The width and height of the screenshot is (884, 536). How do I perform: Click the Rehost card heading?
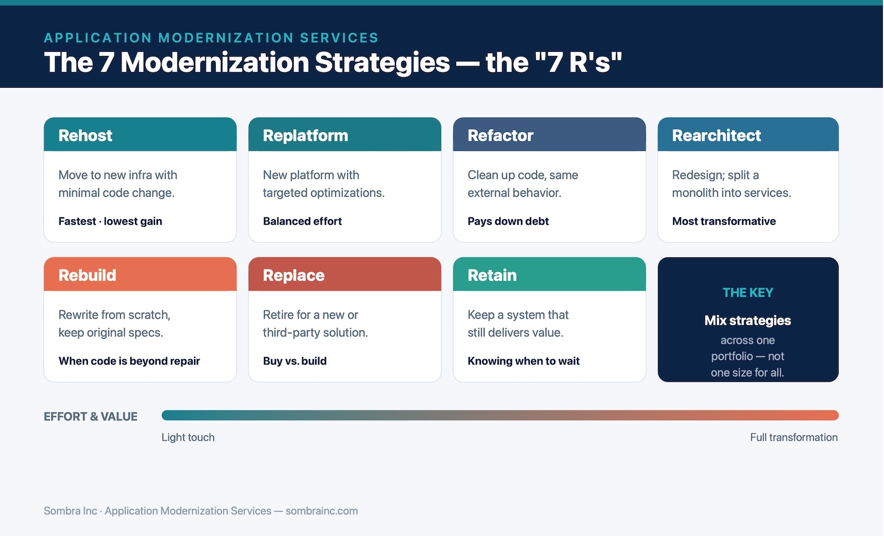(85, 135)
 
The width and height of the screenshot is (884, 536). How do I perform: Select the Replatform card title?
(305, 136)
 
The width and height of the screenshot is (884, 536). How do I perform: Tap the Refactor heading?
(500, 135)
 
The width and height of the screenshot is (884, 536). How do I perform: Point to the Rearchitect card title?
(716, 135)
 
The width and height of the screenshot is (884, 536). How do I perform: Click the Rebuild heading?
(87, 275)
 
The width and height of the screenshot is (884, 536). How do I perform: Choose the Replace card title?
(293, 276)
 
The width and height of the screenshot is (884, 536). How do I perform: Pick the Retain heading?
(492, 275)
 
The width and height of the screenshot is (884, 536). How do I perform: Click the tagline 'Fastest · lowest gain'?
(110, 221)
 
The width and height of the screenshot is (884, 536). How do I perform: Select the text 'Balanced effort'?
(302, 221)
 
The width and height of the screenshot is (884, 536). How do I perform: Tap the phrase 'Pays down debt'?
(508, 221)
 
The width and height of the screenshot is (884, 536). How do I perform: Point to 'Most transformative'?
(724, 221)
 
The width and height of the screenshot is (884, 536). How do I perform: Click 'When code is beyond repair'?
(129, 361)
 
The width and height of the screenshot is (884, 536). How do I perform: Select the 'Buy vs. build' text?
(295, 361)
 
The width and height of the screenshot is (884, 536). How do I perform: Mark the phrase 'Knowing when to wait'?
(524, 361)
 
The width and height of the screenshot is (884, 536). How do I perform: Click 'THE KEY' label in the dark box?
(748, 293)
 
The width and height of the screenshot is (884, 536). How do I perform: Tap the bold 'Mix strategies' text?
(748, 320)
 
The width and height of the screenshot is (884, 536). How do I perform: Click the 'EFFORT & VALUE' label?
(90, 416)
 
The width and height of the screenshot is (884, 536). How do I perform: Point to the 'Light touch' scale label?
(188, 438)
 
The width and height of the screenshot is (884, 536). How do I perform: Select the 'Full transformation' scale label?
(794, 438)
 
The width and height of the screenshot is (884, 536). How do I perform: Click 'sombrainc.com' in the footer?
(322, 511)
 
